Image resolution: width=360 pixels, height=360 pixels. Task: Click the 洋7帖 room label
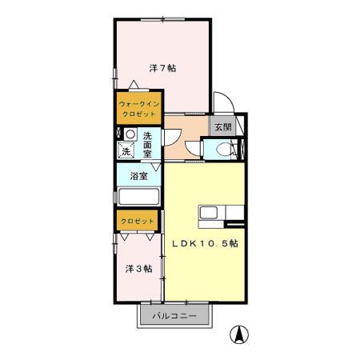point(162,67)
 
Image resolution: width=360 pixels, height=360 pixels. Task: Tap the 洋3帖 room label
point(138,269)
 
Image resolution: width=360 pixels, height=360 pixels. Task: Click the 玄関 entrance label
point(222,126)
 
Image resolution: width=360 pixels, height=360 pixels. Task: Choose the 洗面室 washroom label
point(148,142)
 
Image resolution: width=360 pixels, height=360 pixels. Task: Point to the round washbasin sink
point(129,134)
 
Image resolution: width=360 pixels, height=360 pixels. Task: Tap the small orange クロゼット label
point(132,219)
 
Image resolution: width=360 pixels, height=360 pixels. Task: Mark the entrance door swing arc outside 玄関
point(225,104)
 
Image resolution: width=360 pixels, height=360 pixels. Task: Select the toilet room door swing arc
point(210,146)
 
